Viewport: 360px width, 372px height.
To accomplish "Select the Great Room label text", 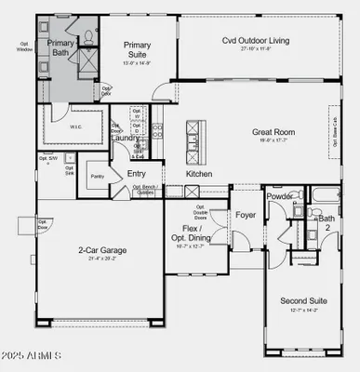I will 273,132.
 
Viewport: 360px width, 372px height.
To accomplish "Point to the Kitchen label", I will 200,174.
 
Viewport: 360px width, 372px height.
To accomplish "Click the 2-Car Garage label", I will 102,250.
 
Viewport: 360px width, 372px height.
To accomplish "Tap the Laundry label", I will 125,137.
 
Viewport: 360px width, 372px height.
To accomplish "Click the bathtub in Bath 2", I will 328,195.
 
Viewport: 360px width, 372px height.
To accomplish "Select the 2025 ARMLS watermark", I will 33,357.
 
